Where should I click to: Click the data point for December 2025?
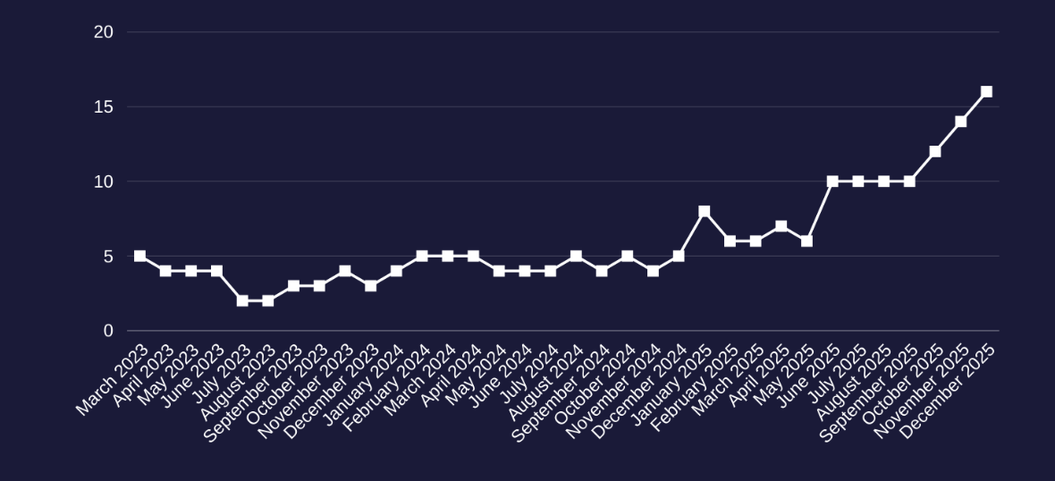click(986, 92)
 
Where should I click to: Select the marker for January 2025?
click(705, 212)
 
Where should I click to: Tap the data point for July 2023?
click(242, 300)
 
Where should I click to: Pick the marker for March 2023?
click(139, 256)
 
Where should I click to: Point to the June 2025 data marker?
click(832, 181)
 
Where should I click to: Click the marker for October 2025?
click(935, 152)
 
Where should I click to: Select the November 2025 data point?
click(961, 122)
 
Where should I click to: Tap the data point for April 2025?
click(781, 226)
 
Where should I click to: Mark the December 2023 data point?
click(371, 286)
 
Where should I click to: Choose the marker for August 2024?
click(576, 256)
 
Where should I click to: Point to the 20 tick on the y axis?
click(104, 32)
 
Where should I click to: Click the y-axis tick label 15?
click(104, 107)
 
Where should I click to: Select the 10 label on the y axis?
click(104, 181)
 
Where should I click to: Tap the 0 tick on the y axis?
click(108, 331)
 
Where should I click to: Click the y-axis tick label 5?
click(108, 257)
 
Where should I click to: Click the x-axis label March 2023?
click(113, 379)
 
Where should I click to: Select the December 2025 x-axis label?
click(949, 391)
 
